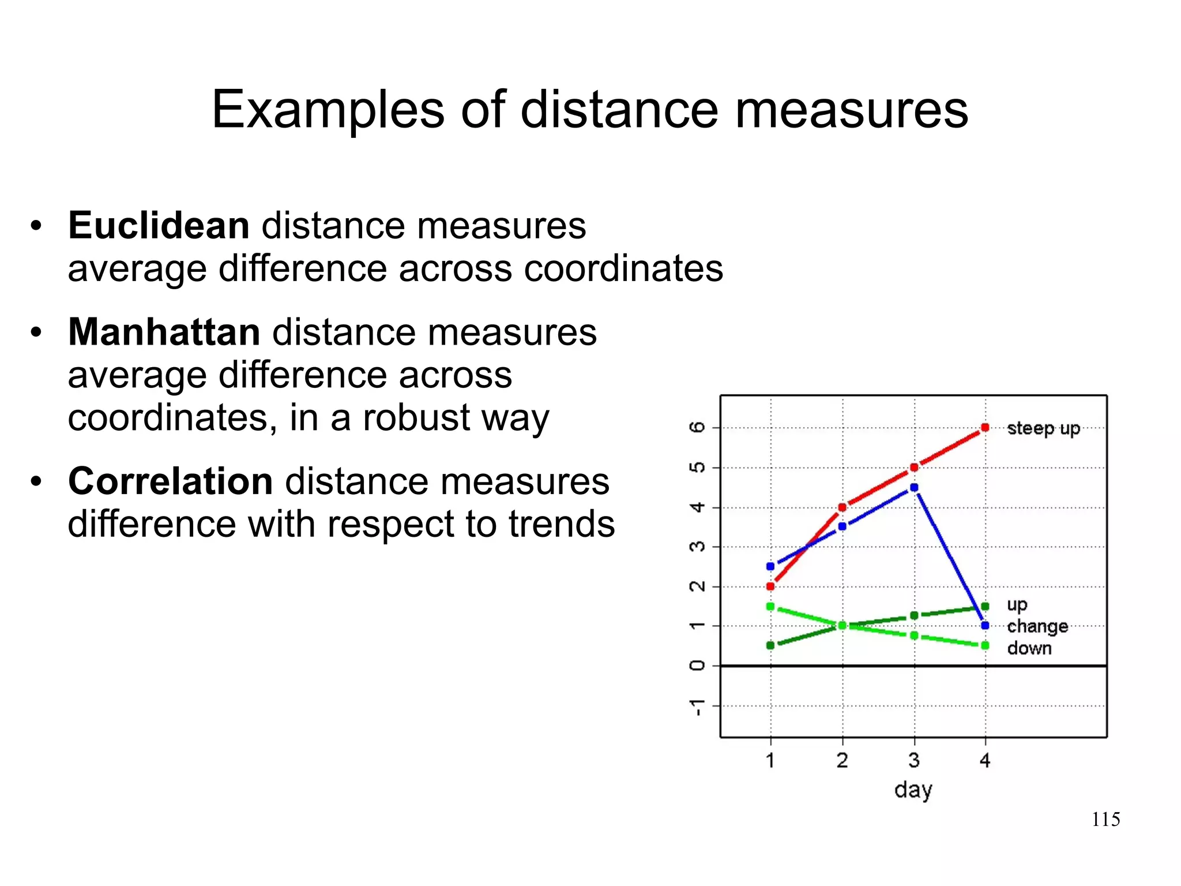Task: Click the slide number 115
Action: pyautogui.click(x=1105, y=819)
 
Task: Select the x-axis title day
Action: pyautogui.click(x=913, y=790)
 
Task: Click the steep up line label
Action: pyautogui.click(x=1043, y=428)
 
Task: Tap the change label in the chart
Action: pyautogui.click(x=1037, y=626)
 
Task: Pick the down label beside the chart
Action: pyautogui.click(x=1029, y=648)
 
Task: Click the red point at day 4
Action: pyautogui.click(x=985, y=428)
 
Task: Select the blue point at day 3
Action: pyautogui.click(x=914, y=488)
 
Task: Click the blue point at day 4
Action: pyautogui.click(x=985, y=626)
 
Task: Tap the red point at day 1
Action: pyautogui.click(x=770, y=586)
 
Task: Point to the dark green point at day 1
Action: pyautogui.click(x=770, y=645)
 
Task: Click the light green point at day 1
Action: pyautogui.click(x=770, y=606)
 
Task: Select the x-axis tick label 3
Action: pyautogui.click(x=914, y=760)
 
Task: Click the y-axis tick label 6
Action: pyautogui.click(x=697, y=427)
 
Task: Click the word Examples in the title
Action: pyautogui.click(x=328, y=110)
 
